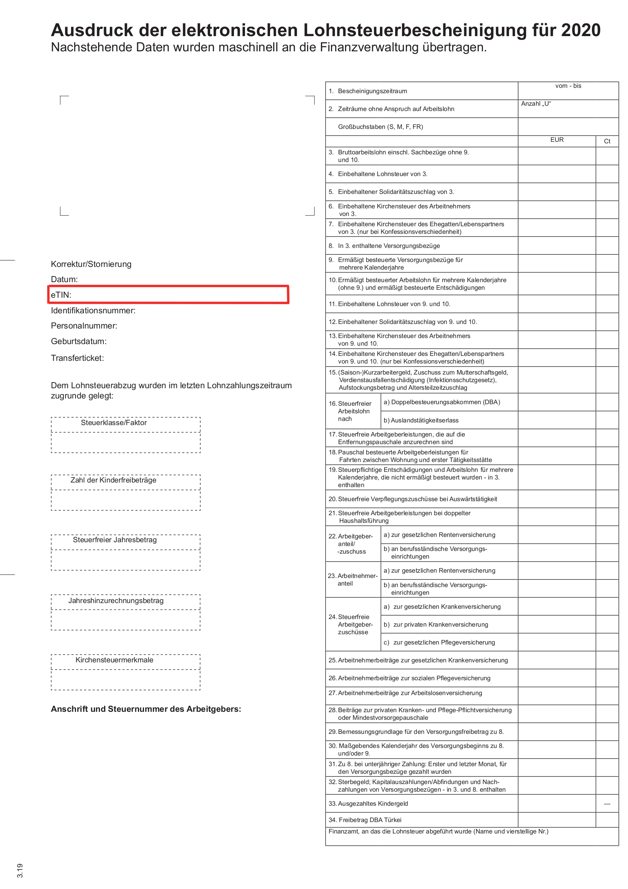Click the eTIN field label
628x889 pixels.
click(x=61, y=295)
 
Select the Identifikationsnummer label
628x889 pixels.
click(x=93, y=311)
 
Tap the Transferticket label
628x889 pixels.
click(x=78, y=358)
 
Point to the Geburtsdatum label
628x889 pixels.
click(x=79, y=341)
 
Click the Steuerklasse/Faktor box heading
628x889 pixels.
click(x=114, y=423)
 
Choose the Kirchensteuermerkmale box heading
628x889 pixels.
click(x=114, y=660)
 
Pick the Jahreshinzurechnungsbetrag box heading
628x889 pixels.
click(x=116, y=601)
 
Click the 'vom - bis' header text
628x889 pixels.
click(x=568, y=86)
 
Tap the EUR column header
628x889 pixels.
click(x=557, y=140)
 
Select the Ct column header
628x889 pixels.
click(x=607, y=141)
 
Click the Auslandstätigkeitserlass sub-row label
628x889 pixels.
click(x=421, y=421)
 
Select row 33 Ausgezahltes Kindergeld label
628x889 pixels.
click(x=372, y=804)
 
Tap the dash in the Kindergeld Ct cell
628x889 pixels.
click(x=607, y=804)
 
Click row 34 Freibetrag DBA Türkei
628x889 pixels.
click(x=370, y=820)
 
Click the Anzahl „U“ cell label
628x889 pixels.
click(x=536, y=104)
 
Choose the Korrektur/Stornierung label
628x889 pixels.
click(x=91, y=264)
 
